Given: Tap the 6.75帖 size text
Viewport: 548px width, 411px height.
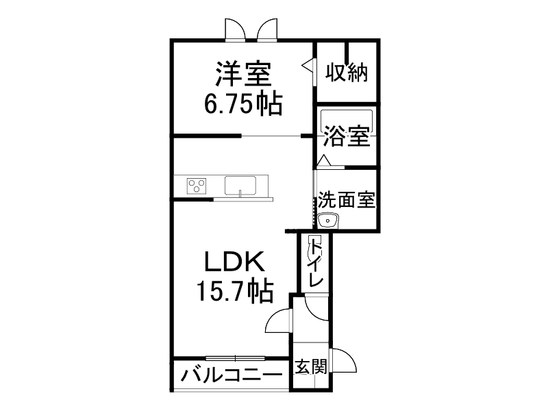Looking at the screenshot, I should tap(244, 103).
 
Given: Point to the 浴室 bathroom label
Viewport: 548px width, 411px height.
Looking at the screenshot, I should tap(347, 136).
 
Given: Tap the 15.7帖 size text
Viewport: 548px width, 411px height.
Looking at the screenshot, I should tap(236, 292).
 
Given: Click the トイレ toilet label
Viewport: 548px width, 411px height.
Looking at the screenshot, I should tap(316, 263).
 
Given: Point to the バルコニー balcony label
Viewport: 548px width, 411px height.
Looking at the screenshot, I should tap(232, 375).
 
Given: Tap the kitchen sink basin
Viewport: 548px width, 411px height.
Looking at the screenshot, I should tap(240, 185).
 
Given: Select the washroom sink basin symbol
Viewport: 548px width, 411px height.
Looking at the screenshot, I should tap(329, 220).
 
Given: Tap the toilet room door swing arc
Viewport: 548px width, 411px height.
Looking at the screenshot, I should tap(316, 306).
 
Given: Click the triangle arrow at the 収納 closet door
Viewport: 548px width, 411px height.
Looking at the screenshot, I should tap(308, 66).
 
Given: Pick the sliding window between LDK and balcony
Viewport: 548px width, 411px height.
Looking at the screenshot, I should tap(235, 357).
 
